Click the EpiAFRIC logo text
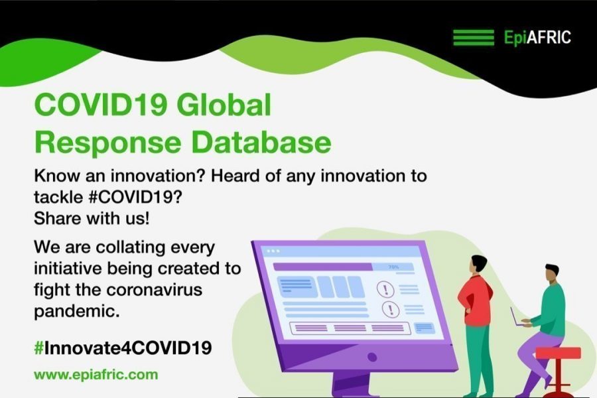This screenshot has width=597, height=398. [x=537, y=38]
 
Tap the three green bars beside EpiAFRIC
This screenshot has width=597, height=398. [x=473, y=37]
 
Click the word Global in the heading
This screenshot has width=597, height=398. [x=224, y=105]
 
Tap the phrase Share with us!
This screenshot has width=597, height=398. [x=92, y=219]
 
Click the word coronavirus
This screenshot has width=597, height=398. [x=154, y=290]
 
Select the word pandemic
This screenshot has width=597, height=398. [x=76, y=312]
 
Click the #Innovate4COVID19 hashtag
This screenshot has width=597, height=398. [x=123, y=348]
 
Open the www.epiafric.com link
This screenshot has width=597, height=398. [x=96, y=375]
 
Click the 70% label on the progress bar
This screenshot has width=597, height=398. [x=393, y=267]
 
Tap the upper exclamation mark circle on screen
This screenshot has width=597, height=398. [x=385, y=289]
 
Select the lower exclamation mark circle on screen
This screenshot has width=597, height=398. [x=390, y=309]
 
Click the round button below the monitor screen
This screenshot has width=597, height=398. [x=372, y=357]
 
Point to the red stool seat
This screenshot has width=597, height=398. [x=558, y=353]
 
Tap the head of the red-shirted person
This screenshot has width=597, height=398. [x=478, y=263]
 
